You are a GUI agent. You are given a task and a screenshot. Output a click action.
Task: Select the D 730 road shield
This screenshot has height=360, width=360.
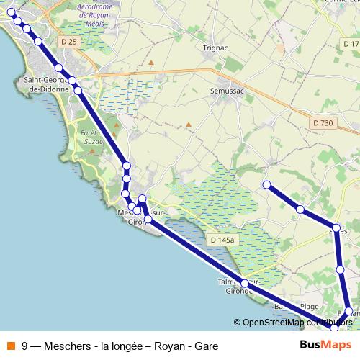coord(323,123)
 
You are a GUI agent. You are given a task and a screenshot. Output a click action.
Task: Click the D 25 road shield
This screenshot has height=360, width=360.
coord(69,42)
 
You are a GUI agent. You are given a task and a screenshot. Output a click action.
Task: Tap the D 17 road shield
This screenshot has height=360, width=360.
coord(350,45)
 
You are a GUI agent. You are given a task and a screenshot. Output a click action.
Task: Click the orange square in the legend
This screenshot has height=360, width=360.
coord(11,345)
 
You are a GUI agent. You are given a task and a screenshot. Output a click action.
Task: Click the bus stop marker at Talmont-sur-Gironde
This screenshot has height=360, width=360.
coord(245,283)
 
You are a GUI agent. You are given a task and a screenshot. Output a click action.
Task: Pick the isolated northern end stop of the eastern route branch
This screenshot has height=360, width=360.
coord(266,185)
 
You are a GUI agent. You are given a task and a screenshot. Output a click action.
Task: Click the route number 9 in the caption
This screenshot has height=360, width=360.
coord(26,345)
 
